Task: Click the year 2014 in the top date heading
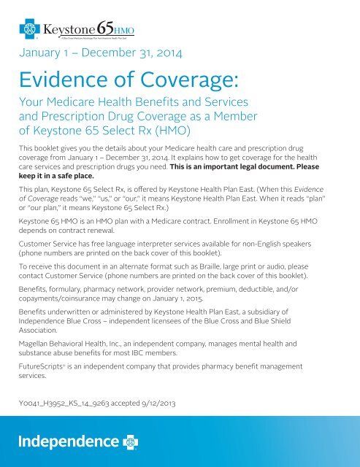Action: pos(175,54)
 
